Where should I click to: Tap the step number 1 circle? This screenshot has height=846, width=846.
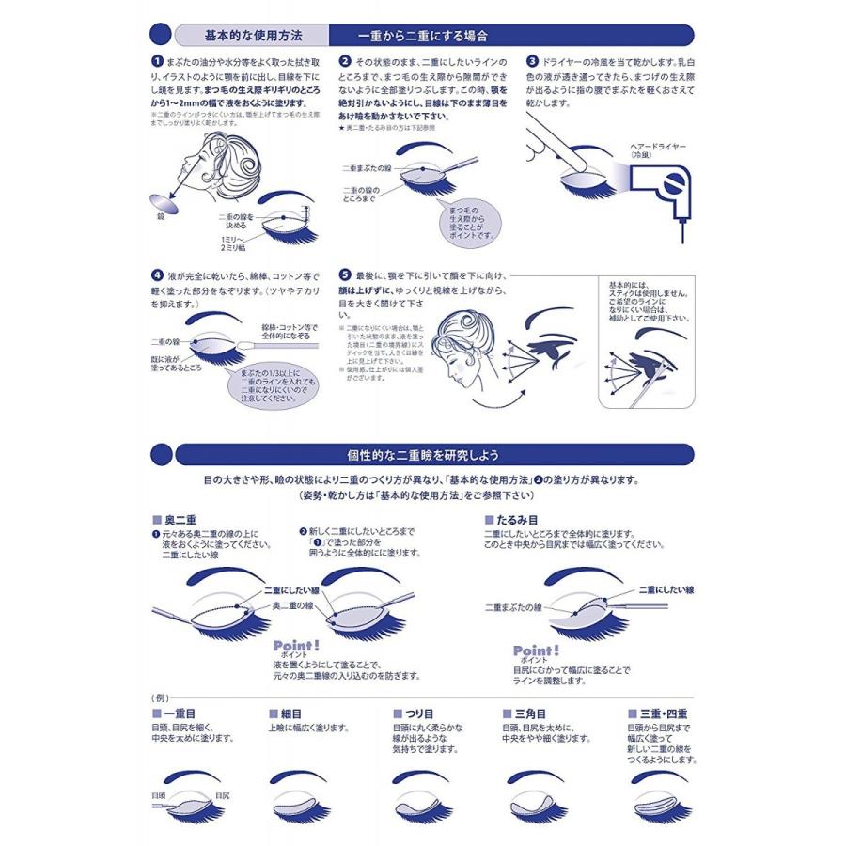pyautogui.click(x=157, y=59)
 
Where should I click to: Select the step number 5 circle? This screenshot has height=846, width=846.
pyautogui.click(x=345, y=276)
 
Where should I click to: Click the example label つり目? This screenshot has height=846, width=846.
pyautogui.click(x=415, y=714)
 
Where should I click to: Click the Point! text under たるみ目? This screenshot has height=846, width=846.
pyautogui.click(x=536, y=650)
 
